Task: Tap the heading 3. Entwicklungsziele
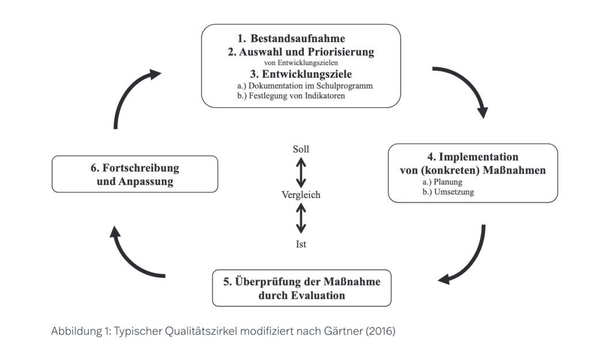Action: click(301, 74)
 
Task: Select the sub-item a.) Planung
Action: click(443, 181)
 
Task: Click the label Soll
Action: click(301, 149)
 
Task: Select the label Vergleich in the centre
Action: click(301, 195)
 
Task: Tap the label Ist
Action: click(301, 244)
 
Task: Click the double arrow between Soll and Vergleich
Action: click(301, 172)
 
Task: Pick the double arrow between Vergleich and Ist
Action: click(301, 219)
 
